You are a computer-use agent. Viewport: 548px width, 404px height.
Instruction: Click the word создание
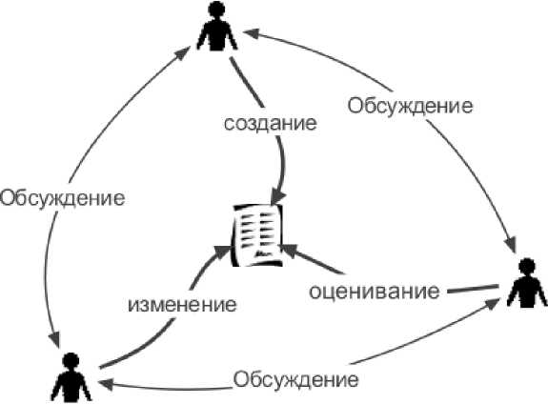pyautogui.click(x=270, y=123)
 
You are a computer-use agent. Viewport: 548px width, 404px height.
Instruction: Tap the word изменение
pyautogui.click(x=182, y=304)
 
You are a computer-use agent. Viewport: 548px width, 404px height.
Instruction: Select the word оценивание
pyautogui.click(x=374, y=292)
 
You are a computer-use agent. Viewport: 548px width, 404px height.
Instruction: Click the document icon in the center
pyautogui.click(x=257, y=234)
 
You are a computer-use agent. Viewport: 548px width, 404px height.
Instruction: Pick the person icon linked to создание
pyautogui.click(x=217, y=26)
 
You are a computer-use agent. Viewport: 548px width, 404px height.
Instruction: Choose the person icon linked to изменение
pyautogui.click(x=71, y=377)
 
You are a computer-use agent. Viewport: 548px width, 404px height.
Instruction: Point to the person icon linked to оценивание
pyautogui.click(x=527, y=283)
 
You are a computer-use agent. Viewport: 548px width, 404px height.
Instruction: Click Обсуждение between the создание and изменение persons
pyautogui.click(x=62, y=198)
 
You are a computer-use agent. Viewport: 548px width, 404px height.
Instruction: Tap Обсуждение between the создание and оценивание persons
pyautogui.click(x=410, y=106)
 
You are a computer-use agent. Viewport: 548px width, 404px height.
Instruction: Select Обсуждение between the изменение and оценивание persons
pyautogui.click(x=295, y=379)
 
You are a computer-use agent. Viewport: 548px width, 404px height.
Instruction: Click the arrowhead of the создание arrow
pyautogui.click(x=278, y=198)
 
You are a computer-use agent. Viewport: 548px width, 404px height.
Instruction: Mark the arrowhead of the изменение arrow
pyautogui.click(x=222, y=251)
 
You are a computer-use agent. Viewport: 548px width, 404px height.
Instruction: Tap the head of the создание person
pyautogui.click(x=216, y=10)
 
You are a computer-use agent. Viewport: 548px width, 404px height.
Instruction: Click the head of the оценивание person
pyautogui.click(x=527, y=267)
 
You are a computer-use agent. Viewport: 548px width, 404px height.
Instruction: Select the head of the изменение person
pyautogui.click(x=71, y=361)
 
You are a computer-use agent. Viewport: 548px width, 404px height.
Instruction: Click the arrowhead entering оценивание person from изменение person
pyautogui.click(x=492, y=305)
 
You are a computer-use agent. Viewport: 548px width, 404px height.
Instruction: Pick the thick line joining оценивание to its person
pyautogui.click(x=473, y=289)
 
